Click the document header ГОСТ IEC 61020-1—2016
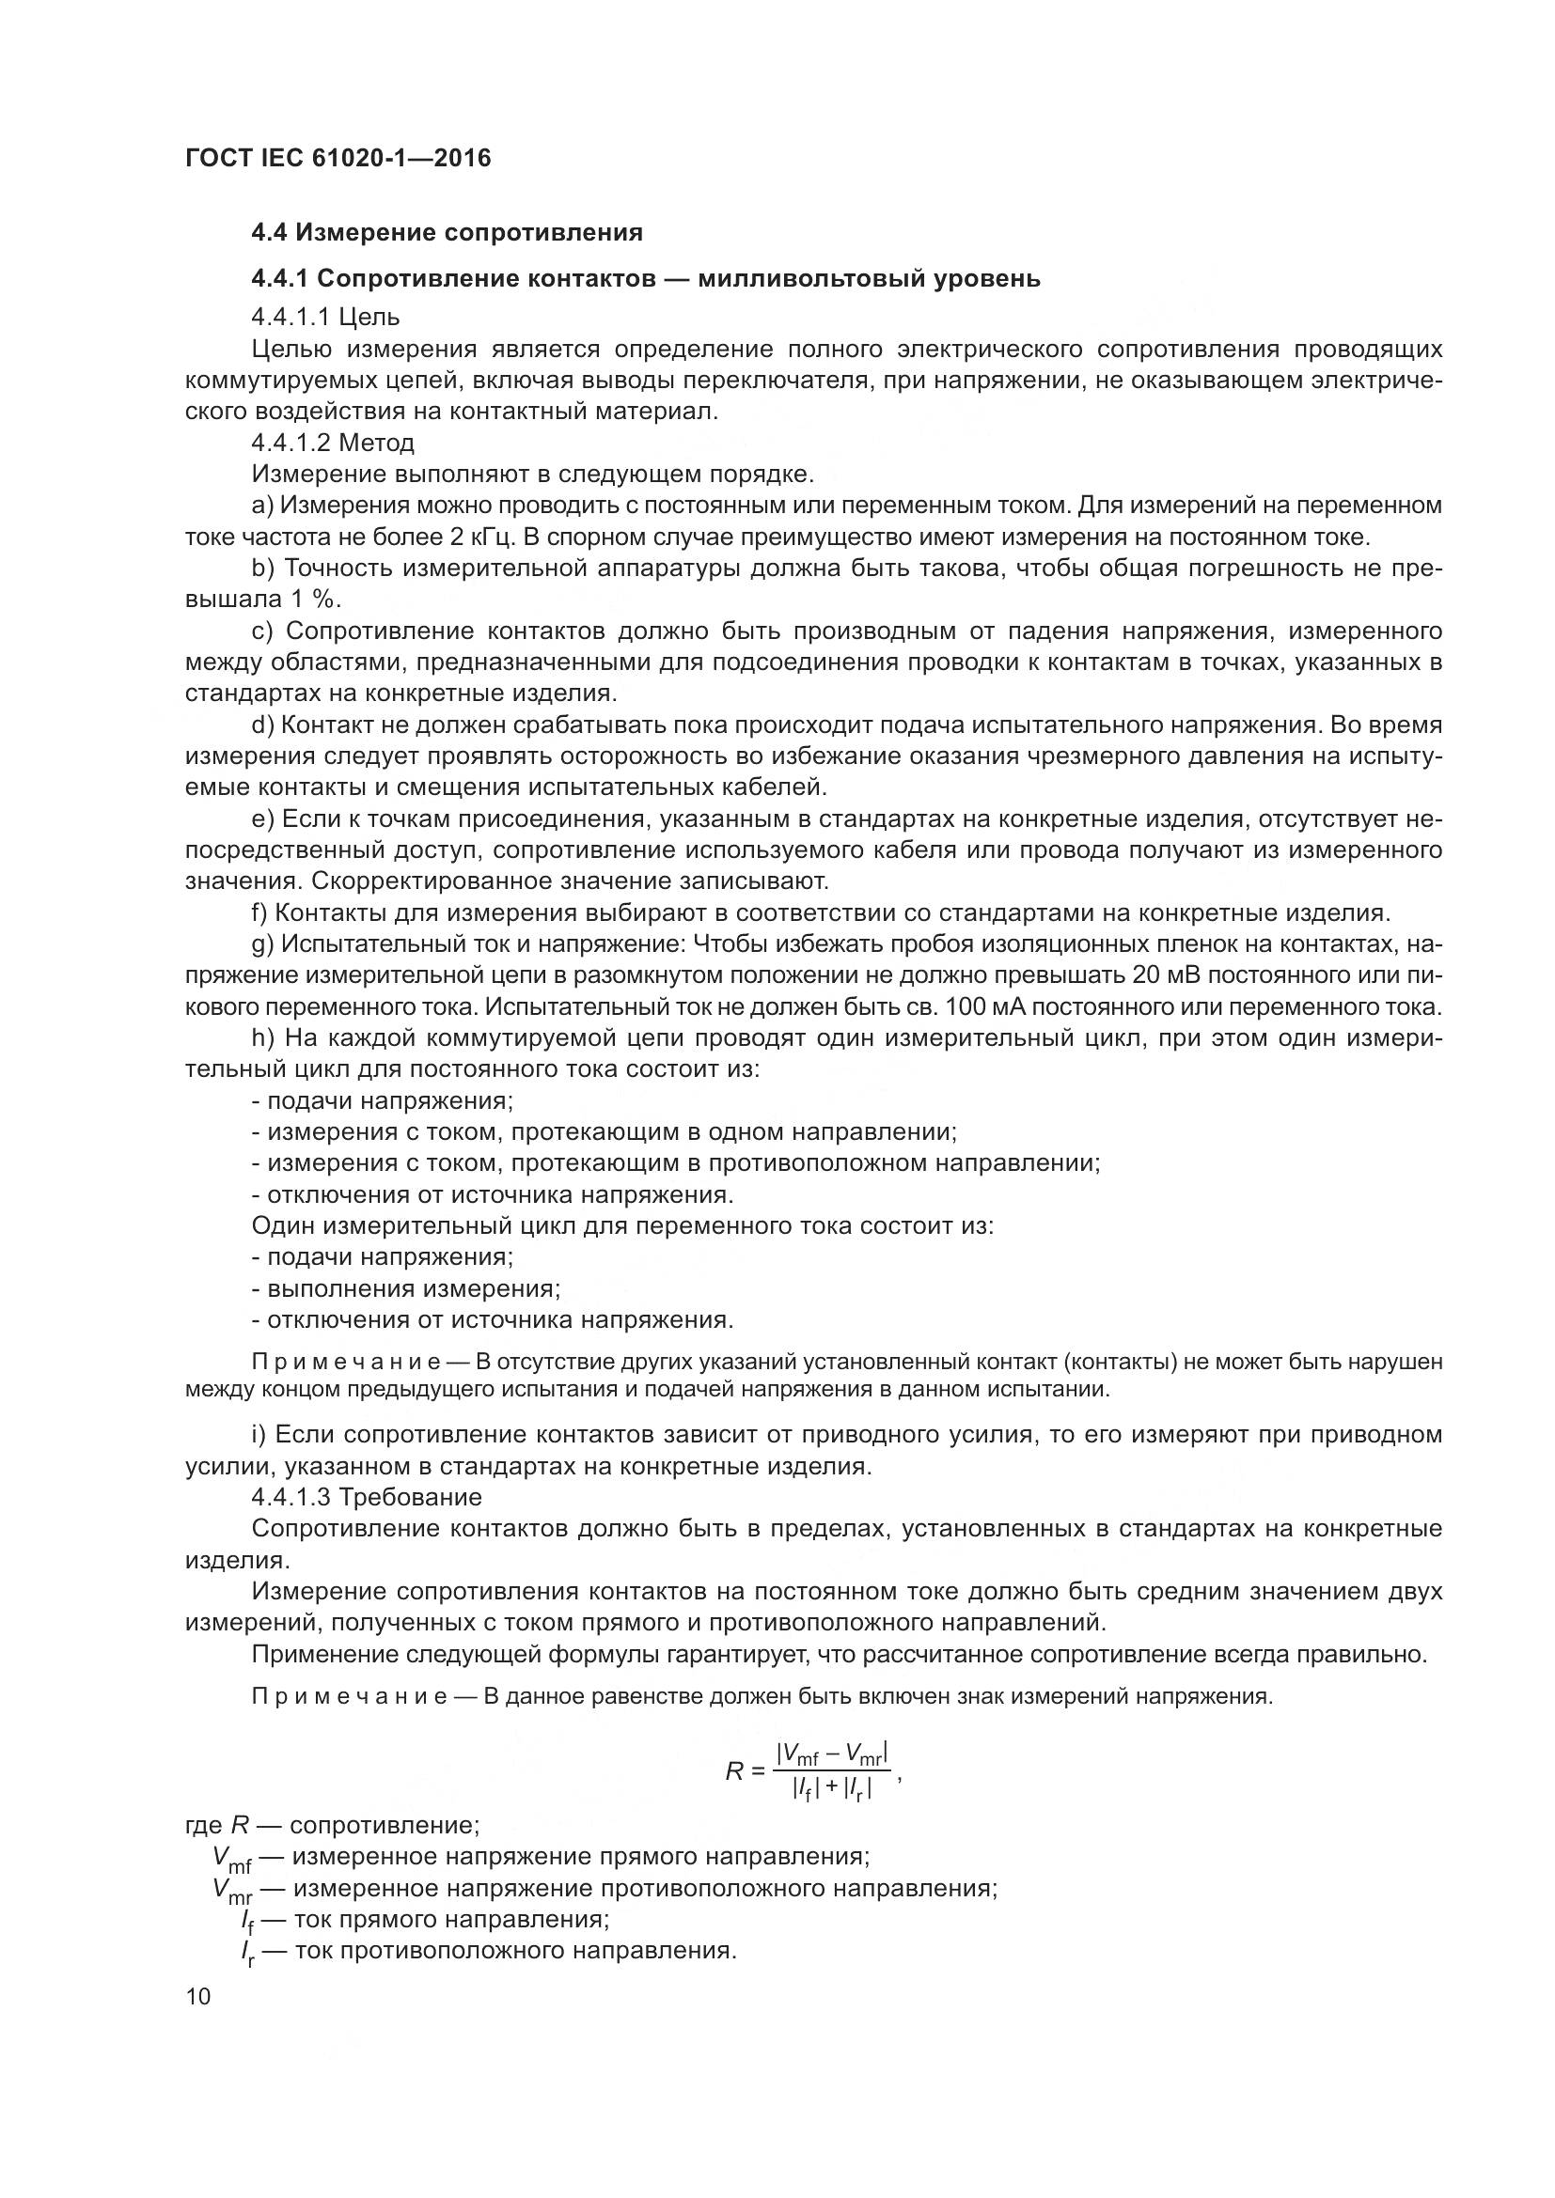(x=338, y=158)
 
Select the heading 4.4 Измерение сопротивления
(x=447, y=233)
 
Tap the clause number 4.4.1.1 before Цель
(x=291, y=317)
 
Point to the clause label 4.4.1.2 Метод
(x=332, y=444)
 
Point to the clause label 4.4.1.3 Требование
(x=366, y=1496)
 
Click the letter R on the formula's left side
(x=734, y=1772)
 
